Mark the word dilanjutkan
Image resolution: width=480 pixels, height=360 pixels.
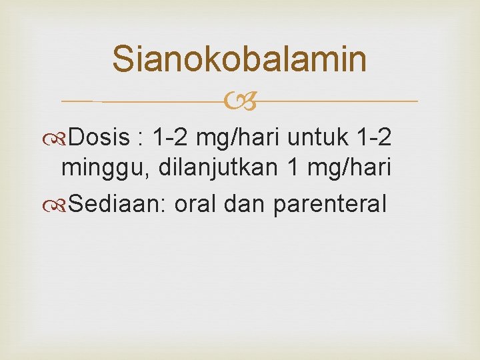215,171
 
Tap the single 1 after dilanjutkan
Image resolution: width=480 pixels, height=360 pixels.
292,171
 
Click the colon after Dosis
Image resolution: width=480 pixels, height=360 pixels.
141,139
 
